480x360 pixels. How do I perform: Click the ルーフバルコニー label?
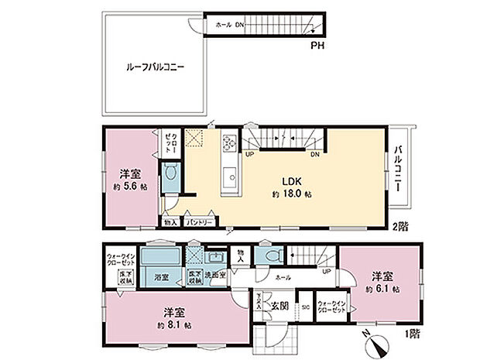click(x=154, y=67)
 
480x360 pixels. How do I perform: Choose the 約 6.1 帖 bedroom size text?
click(x=382, y=288)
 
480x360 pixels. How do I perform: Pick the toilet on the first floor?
click(x=271, y=256)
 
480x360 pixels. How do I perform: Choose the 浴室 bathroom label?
click(x=163, y=276)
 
